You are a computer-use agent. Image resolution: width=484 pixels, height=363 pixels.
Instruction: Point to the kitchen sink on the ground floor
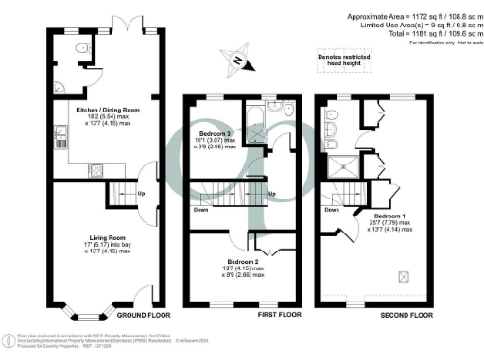click(59, 144)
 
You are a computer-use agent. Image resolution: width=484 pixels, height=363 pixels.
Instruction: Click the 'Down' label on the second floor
click(332, 209)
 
